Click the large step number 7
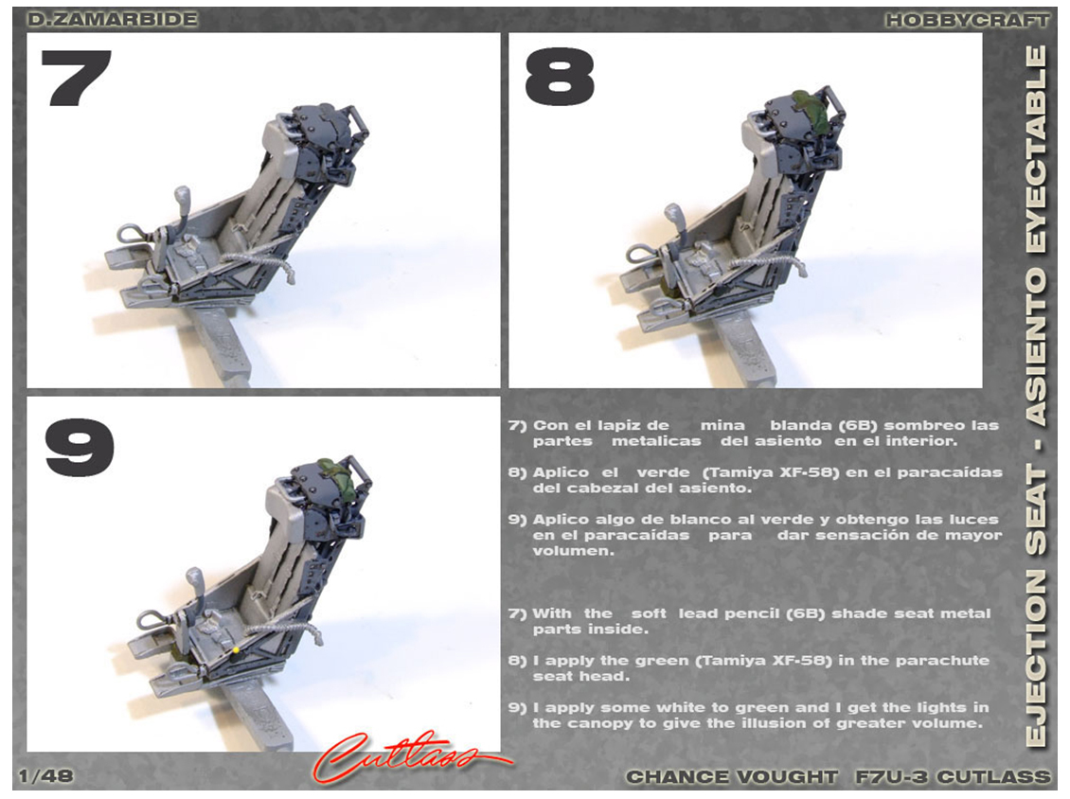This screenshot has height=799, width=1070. (x=77, y=77)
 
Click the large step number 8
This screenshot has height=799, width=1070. (x=560, y=77)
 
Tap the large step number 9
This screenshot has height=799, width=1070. (x=80, y=448)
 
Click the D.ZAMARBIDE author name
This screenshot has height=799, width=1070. (x=112, y=19)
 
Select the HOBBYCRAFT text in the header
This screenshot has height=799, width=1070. (x=966, y=21)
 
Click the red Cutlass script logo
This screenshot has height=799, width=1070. (x=409, y=756)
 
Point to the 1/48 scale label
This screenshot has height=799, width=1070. (x=45, y=775)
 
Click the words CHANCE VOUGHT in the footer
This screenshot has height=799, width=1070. (x=732, y=776)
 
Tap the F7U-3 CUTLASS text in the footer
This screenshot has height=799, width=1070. (x=953, y=776)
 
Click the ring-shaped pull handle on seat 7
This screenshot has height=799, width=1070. (x=131, y=234)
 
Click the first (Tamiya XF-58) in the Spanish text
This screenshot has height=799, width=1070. (x=766, y=472)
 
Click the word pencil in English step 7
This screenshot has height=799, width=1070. (x=748, y=613)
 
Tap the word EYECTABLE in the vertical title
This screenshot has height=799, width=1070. (x=1037, y=150)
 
